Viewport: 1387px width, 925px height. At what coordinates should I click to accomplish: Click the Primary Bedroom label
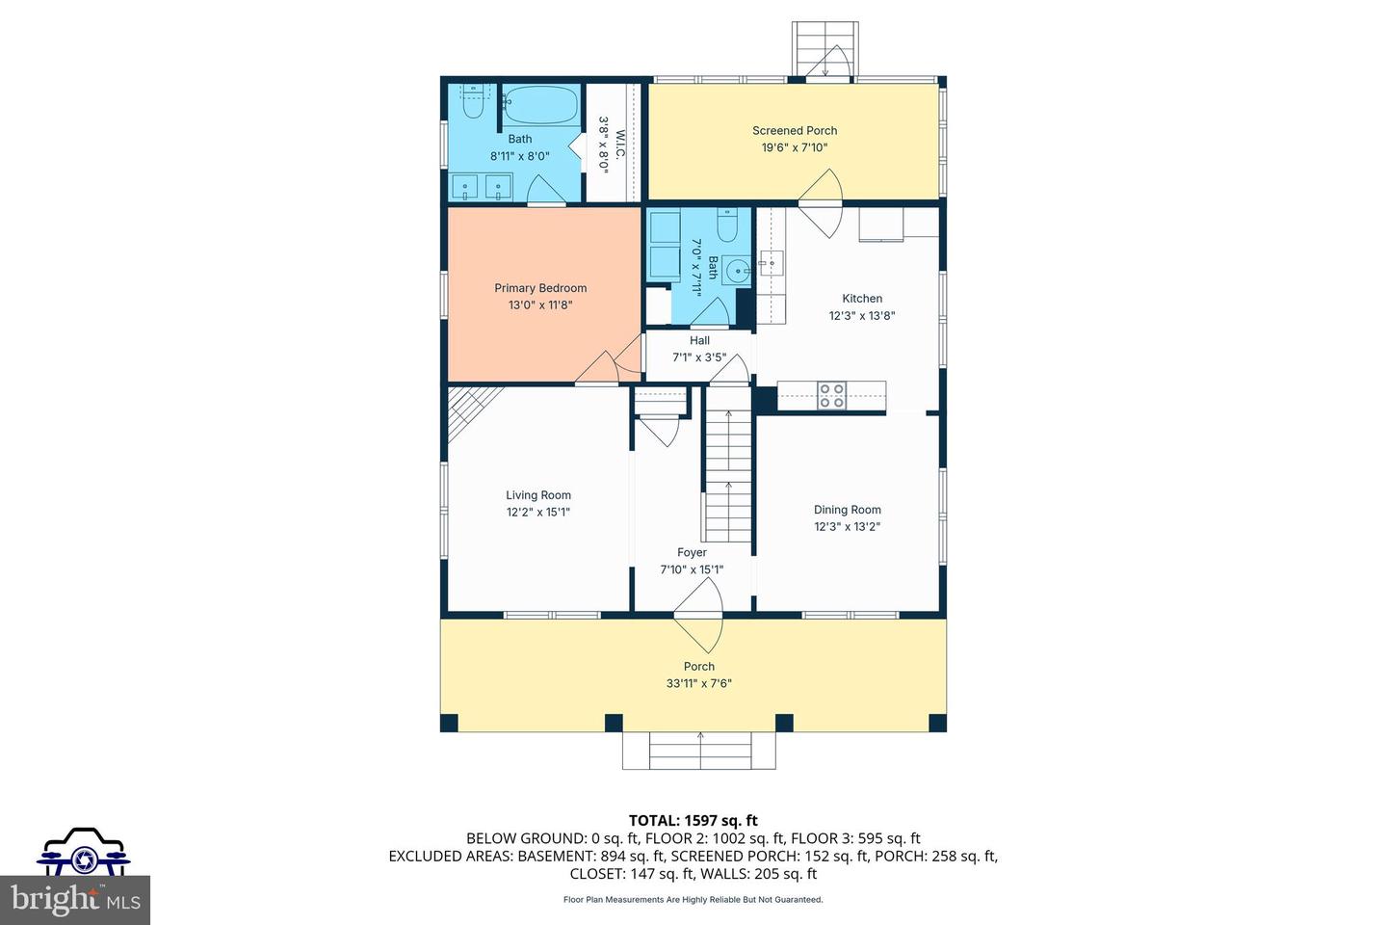coord(540,288)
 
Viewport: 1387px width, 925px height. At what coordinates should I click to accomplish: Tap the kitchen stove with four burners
coord(831,396)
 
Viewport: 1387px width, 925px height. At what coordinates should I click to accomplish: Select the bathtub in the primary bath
coord(541,104)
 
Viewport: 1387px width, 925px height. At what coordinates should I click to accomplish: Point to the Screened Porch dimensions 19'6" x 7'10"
coord(795,147)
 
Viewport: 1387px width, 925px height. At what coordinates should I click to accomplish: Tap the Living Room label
coord(538,495)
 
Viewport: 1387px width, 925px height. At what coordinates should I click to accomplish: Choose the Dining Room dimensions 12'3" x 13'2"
coord(847,527)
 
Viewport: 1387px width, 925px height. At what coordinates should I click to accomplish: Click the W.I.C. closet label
coord(620,145)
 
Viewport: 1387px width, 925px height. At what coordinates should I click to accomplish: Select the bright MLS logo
coord(75,900)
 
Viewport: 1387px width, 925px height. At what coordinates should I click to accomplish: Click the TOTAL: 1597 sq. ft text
coord(693,821)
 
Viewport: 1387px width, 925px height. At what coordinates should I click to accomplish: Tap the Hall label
coord(699,340)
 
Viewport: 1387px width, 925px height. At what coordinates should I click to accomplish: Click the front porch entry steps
coord(699,751)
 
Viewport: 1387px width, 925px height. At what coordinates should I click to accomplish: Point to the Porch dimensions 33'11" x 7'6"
coord(699,683)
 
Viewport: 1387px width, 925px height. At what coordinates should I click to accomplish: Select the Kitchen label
coord(862,299)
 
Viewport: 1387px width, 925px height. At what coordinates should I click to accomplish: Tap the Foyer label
coord(692,553)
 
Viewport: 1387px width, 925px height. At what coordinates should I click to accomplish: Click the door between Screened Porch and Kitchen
coord(820,203)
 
